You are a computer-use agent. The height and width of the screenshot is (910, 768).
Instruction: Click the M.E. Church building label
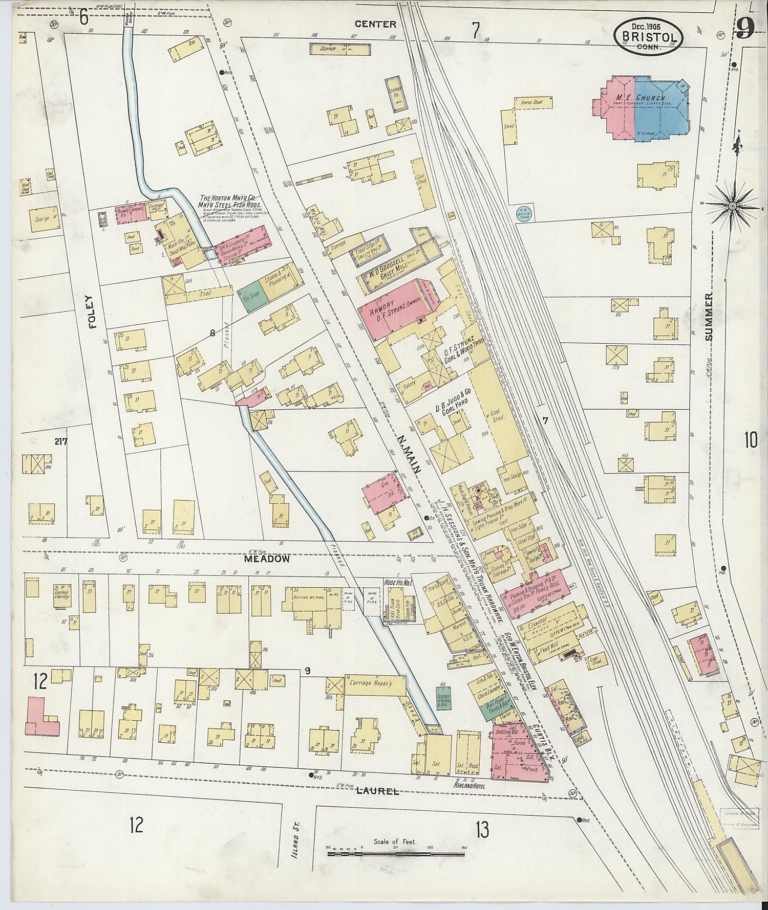(640, 98)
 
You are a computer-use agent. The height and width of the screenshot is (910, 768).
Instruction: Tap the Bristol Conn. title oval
(649, 35)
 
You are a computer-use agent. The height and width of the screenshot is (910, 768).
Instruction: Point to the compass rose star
(732, 206)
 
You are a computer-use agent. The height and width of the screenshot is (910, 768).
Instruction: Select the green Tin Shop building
(251, 297)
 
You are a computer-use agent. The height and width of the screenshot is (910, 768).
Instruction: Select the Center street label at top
(376, 24)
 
